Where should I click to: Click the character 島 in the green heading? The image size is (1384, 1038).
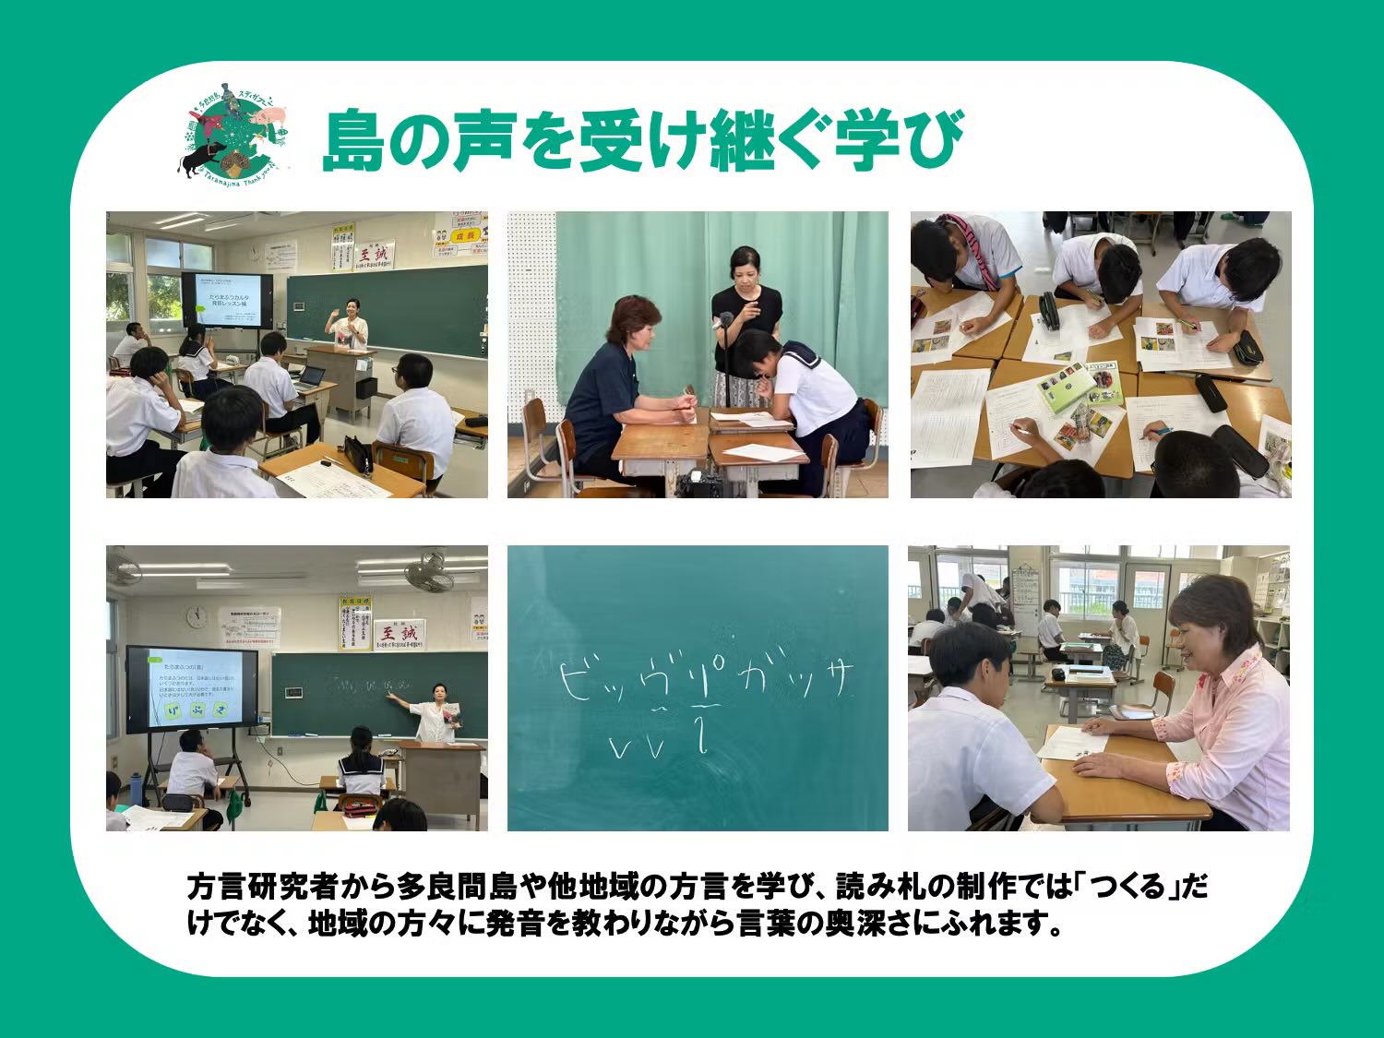[353, 140]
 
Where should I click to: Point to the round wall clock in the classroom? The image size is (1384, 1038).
[197, 616]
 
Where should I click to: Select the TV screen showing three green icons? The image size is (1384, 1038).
[192, 688]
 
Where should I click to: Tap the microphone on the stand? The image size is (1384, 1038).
[726, 321]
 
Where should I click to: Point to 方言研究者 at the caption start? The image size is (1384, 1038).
[263, 888]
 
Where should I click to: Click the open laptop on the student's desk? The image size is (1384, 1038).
[311, 376]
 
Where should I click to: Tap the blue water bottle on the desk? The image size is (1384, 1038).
[137, 789]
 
